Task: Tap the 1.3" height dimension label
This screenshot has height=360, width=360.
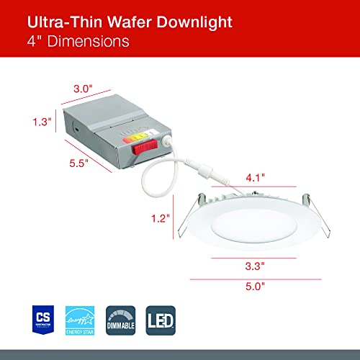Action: [44, 123]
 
